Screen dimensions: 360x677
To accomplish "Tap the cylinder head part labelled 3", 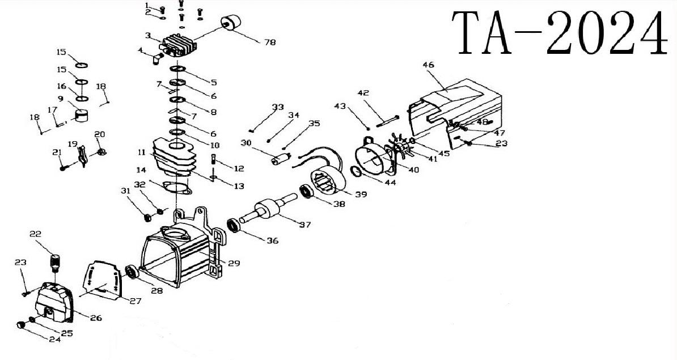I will (179, 44).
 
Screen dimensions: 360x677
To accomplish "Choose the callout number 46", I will (428, 65).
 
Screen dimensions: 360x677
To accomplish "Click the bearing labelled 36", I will (234, 225).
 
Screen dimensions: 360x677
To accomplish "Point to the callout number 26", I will (96, 318).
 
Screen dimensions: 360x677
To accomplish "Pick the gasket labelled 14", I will (175, 188).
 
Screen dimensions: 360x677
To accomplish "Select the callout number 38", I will (339, 204).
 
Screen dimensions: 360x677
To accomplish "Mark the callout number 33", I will (278, 107).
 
